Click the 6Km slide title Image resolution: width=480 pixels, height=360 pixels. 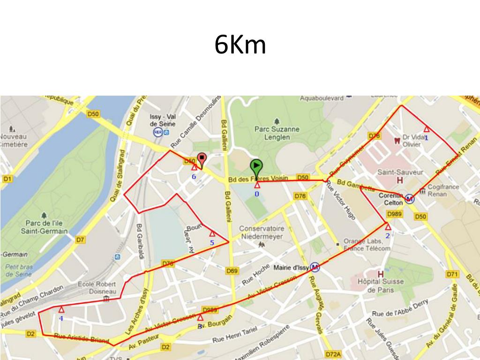(x=240, y=45)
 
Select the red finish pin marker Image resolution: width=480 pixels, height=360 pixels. (x=202, y=159)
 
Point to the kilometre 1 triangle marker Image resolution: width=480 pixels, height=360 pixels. (x=426, y=129)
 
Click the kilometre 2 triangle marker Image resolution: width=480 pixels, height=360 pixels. (x=388, y=227)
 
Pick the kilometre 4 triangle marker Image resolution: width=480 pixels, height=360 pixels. (x=61, y=309)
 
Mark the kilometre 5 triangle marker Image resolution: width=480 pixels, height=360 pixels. (x=212, y=233)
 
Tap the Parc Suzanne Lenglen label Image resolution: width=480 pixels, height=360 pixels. (x=277, y=133)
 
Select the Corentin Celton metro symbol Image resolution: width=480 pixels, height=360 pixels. (x=409, y=199)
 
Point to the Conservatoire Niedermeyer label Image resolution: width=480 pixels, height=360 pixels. (x=262, y=232)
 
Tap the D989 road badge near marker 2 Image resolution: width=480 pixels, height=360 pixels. (x=395, y=214)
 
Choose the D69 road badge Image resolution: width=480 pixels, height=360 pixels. (x=232, y=270)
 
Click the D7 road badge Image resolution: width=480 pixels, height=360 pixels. (x=81, y=240)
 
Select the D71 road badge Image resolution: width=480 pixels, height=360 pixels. (x=452, y=274)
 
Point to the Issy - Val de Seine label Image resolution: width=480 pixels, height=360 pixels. (x=162, y=120)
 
